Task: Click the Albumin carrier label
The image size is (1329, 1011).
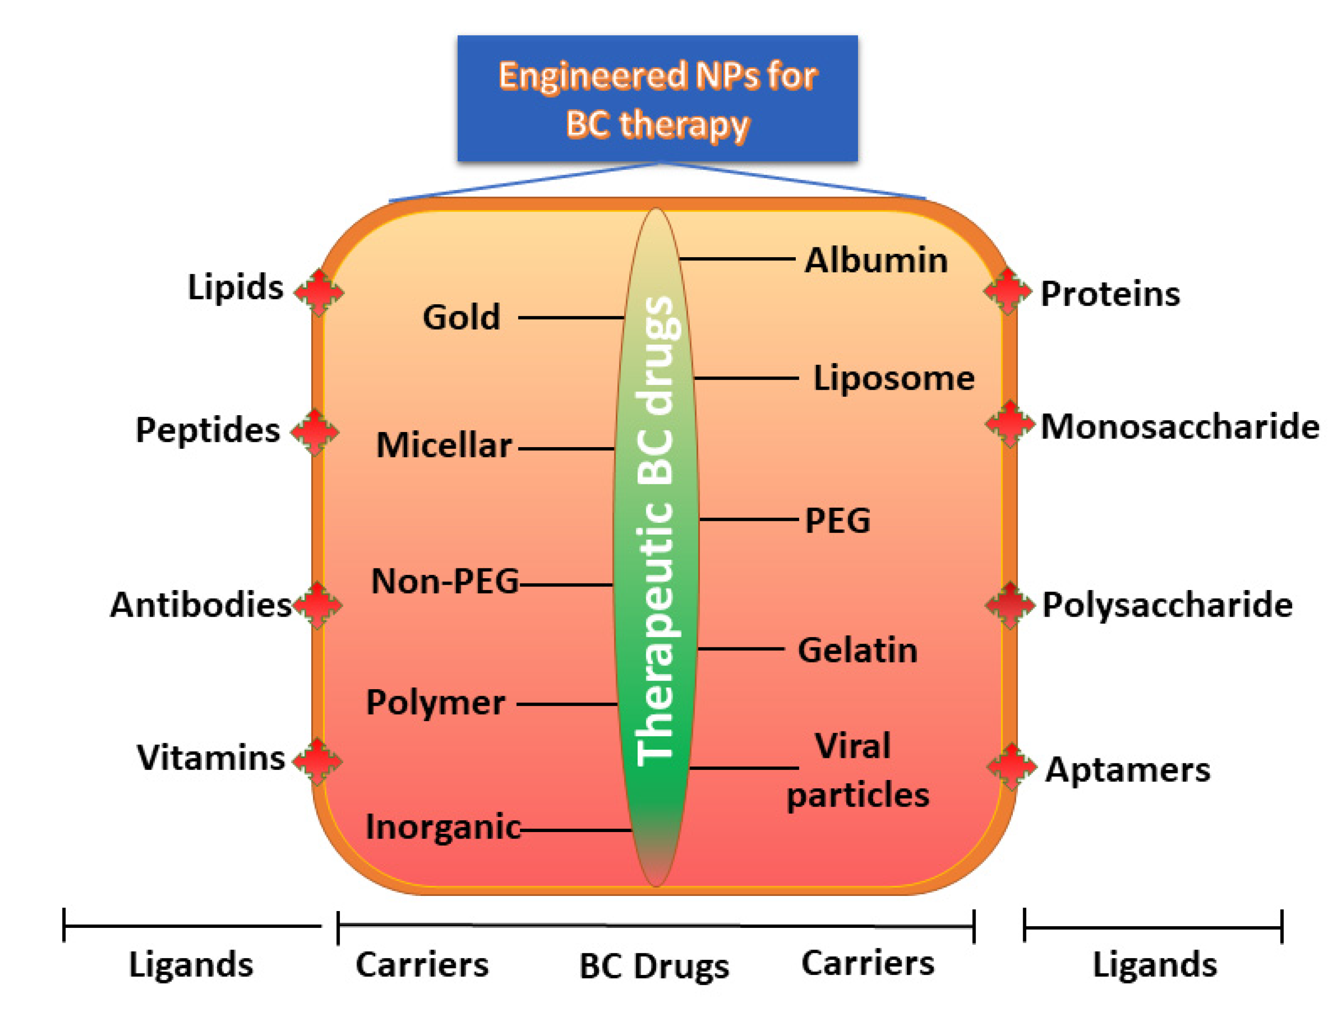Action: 876,260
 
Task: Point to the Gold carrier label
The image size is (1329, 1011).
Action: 461,317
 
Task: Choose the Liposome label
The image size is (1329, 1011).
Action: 893,378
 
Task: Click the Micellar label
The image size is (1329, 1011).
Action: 444,446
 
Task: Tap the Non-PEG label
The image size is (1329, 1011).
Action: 444,582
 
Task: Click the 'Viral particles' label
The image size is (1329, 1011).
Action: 857,770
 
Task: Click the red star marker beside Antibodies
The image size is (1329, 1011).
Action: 317,605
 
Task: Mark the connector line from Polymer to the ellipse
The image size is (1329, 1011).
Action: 567,703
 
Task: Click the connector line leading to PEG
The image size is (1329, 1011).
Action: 748,519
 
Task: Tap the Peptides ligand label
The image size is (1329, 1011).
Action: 208,430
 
